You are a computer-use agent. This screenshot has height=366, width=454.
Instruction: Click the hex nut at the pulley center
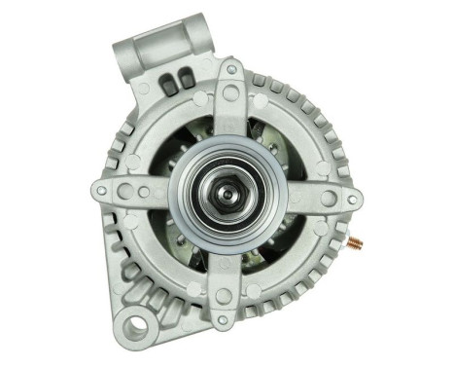pyautogui.click(x=227, y=193)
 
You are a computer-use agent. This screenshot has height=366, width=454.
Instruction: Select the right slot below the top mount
pyautogui.click(x=182, y=79)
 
